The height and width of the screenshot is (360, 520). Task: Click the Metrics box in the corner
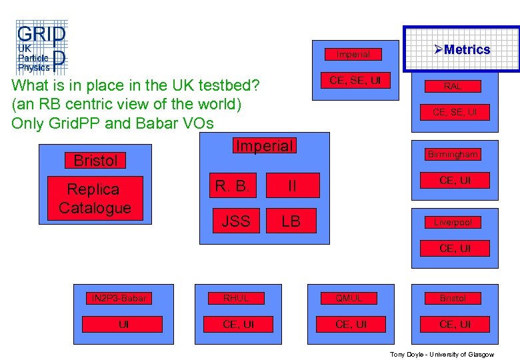461,49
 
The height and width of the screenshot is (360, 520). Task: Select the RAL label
453,86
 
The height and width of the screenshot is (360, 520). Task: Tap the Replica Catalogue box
95,198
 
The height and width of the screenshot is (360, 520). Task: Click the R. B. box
233,186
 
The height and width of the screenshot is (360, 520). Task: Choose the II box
291,186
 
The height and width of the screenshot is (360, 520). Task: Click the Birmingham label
453,154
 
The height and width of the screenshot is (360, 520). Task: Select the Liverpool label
453,222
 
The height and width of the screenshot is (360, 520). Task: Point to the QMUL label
349,298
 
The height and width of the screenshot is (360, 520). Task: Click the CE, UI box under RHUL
238,325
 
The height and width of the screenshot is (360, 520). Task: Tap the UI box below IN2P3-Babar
123,325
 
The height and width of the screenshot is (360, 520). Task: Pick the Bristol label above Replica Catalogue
95,161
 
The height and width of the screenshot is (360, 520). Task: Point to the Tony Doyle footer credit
442,354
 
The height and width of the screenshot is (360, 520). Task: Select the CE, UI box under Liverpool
455,249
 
